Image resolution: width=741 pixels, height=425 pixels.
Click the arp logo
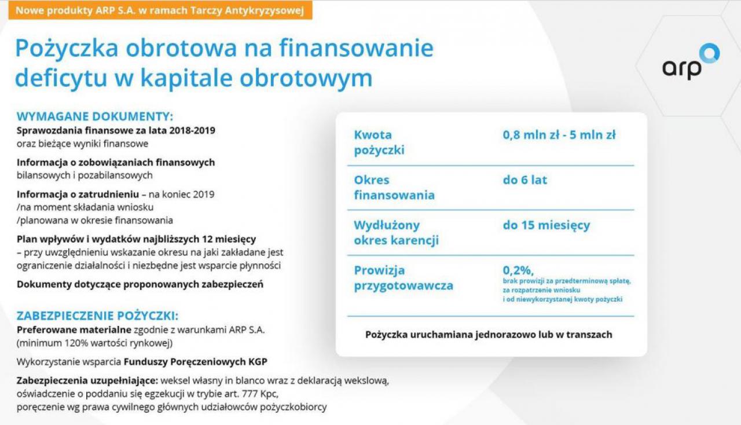coord(691,62)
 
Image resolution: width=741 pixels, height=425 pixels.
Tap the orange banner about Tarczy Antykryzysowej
coord(160,10)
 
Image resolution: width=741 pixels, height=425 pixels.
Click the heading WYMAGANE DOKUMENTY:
coord(95,116)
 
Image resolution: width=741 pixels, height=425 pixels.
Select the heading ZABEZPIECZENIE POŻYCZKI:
coord(98,316)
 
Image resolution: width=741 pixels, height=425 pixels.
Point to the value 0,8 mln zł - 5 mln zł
coord(559,135)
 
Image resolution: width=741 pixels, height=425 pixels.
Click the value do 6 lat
coord(525,179)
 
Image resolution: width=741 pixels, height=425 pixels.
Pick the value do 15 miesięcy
coord(546,225)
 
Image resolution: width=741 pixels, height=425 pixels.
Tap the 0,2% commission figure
coord(518,270)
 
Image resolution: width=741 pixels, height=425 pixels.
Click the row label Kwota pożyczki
coord(379,142)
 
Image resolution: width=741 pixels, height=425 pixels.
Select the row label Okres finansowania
coord(394,188)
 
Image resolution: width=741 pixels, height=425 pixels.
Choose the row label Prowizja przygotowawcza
coord(403,278)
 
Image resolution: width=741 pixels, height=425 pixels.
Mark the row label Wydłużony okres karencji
coord(396,233)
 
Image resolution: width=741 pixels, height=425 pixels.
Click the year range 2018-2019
coord(192,130)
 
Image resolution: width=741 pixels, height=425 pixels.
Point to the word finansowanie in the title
coord(356,48)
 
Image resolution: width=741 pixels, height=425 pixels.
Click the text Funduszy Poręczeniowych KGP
coord(196,362)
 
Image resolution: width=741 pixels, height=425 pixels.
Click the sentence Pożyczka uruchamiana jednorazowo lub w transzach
coord(489,335)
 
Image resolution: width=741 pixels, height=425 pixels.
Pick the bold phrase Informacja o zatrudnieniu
coord(78,194)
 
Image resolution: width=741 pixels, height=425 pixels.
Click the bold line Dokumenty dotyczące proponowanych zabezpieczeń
coord(140,284)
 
